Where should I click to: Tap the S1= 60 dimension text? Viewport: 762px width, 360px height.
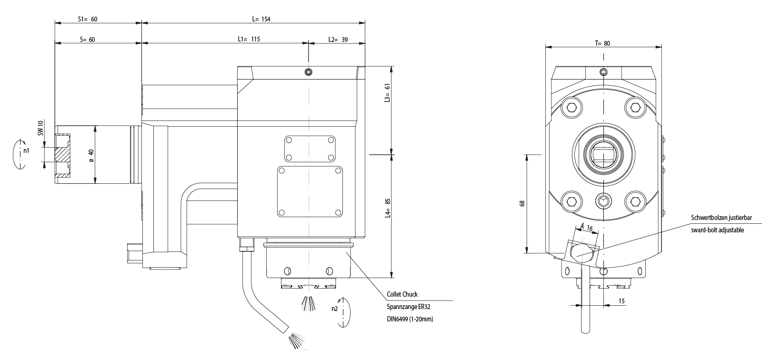88,19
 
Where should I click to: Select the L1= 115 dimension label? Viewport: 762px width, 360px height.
249,40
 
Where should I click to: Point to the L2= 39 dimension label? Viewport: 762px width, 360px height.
337,40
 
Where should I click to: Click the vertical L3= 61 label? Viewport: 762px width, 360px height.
388,93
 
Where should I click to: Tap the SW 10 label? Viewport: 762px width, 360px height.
41,128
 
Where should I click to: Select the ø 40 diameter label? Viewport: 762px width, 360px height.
91,155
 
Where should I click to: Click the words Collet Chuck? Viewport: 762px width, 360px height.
402,295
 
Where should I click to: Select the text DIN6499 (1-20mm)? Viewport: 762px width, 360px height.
410,319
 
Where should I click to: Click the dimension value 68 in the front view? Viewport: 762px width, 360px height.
522,203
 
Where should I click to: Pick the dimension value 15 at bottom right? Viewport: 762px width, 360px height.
622,300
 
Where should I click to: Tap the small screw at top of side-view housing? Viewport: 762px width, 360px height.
309,72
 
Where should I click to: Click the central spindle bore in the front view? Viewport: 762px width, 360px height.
603,154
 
